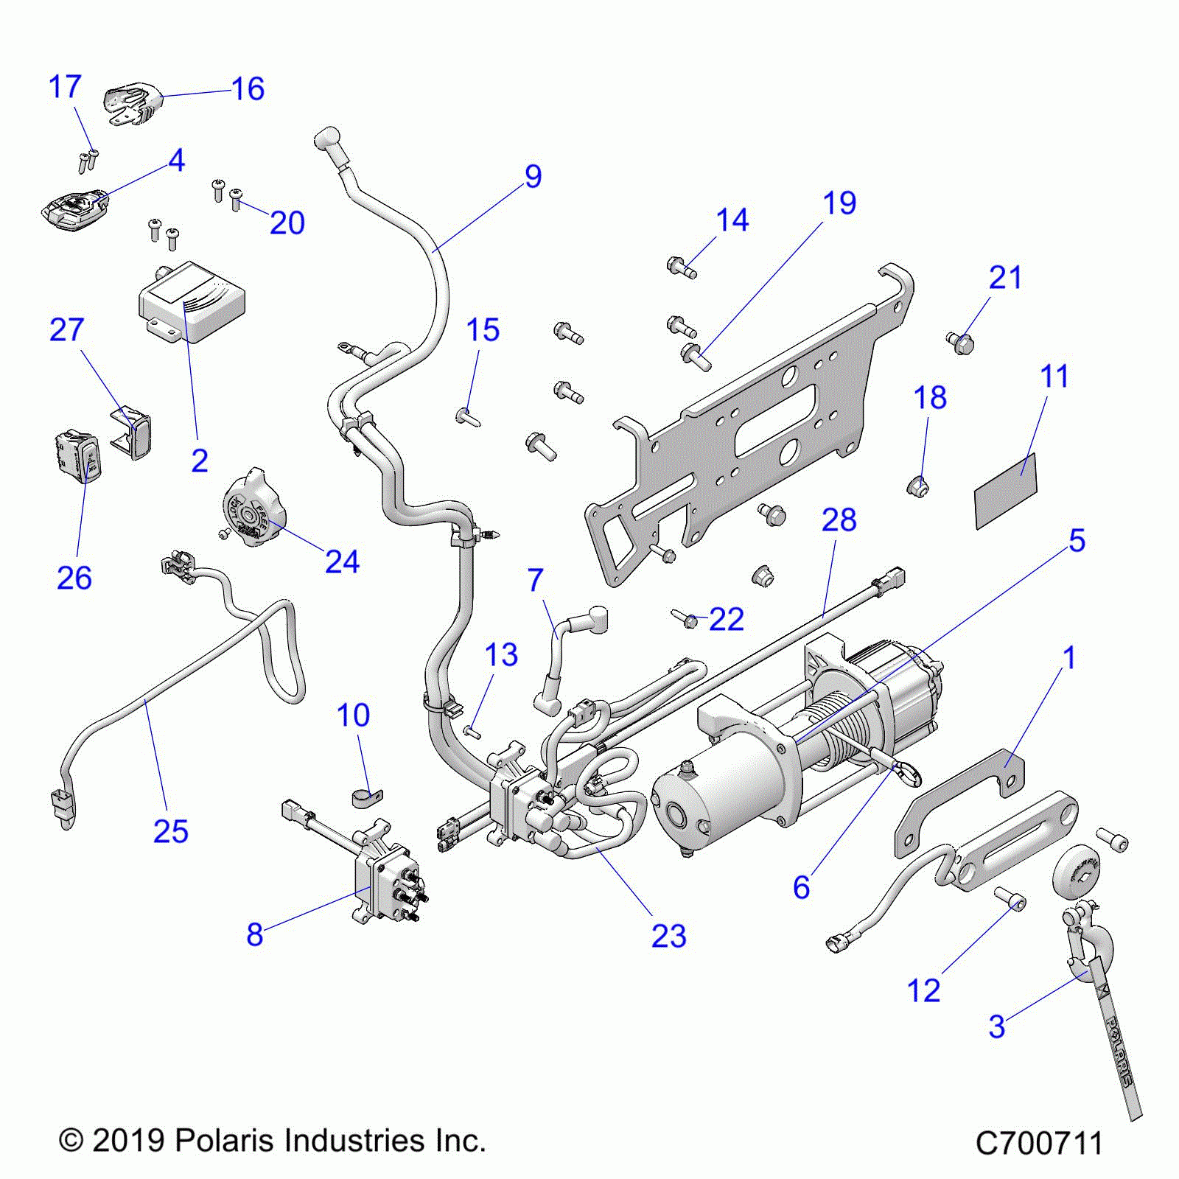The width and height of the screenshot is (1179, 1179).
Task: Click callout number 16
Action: tap(248, 89)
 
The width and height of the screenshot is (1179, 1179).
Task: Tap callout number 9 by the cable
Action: tap(533, 177)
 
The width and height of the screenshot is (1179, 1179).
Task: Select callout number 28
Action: tap(839, 520)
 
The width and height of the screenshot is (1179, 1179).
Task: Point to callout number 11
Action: tap(1054, 377)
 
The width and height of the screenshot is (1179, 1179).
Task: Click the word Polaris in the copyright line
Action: tap(224, 1141)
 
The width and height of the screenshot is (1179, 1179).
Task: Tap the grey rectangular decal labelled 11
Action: tap(1006, 490)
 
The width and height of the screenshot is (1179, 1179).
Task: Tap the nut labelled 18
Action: tap(917, 486)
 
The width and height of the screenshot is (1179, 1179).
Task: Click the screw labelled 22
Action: tap(687, 620)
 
